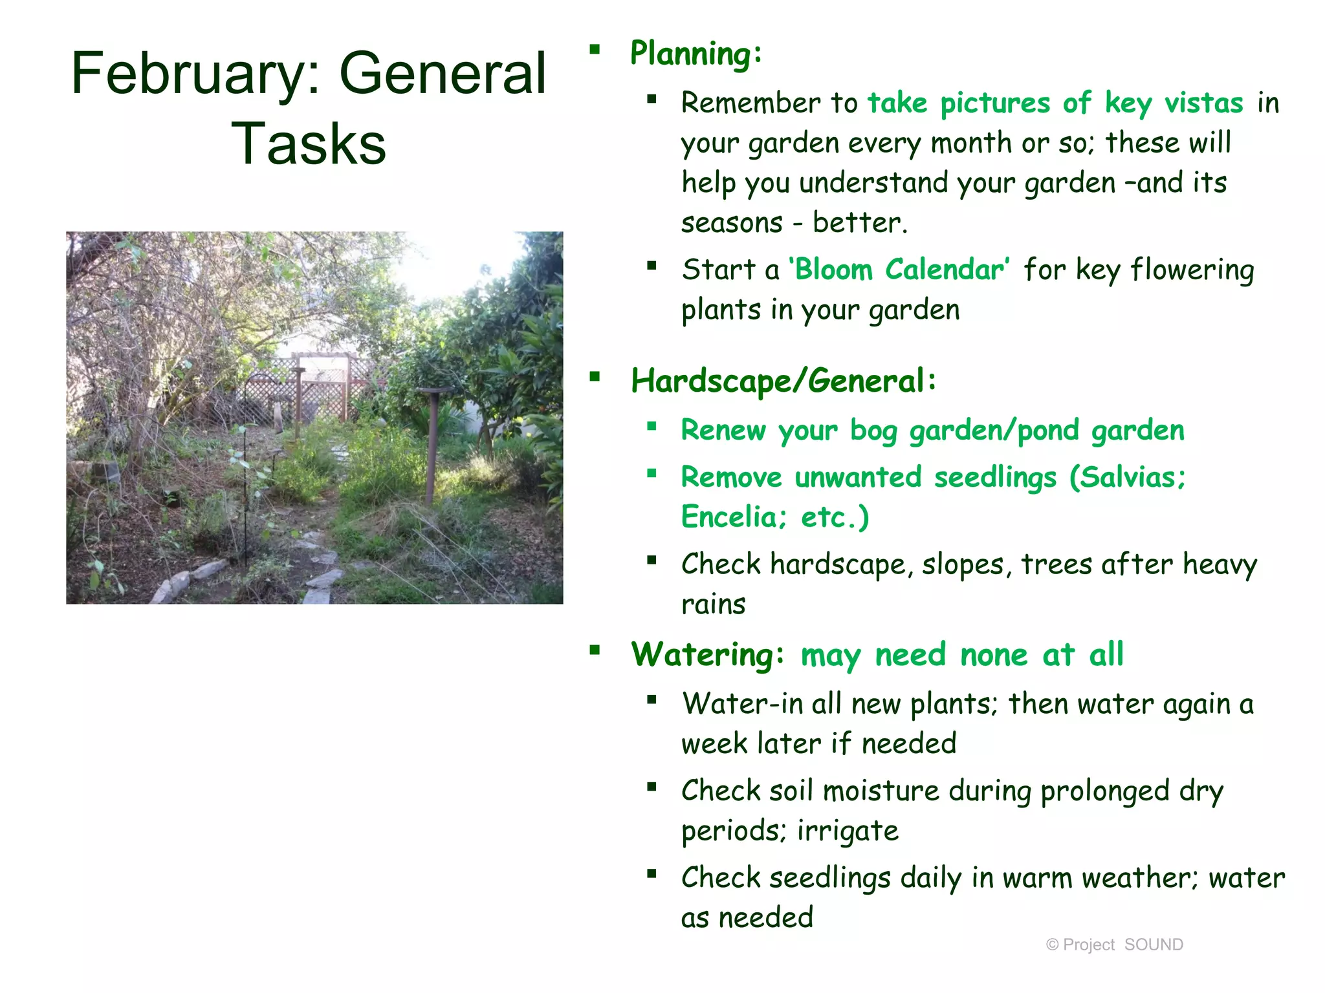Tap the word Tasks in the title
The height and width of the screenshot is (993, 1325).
point(309,144)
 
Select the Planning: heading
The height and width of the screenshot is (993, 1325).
point(696,53)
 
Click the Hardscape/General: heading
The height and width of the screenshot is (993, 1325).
point(783,381)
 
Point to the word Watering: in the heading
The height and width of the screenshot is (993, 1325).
point(708,654)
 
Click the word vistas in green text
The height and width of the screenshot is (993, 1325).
point(1203,103)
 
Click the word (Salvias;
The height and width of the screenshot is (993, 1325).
point(1127,478)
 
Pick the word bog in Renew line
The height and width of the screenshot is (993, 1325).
point(873,431)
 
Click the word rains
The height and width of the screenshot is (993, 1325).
point(713,604)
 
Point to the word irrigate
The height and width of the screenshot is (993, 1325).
point(848,831)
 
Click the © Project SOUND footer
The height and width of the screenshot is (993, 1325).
point(1114,945)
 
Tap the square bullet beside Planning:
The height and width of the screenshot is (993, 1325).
point(595,49)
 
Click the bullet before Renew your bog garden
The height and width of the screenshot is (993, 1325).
point(652,426)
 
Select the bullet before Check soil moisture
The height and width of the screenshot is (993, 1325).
point(652,787)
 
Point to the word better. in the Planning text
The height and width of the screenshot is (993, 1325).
point(860,223)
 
